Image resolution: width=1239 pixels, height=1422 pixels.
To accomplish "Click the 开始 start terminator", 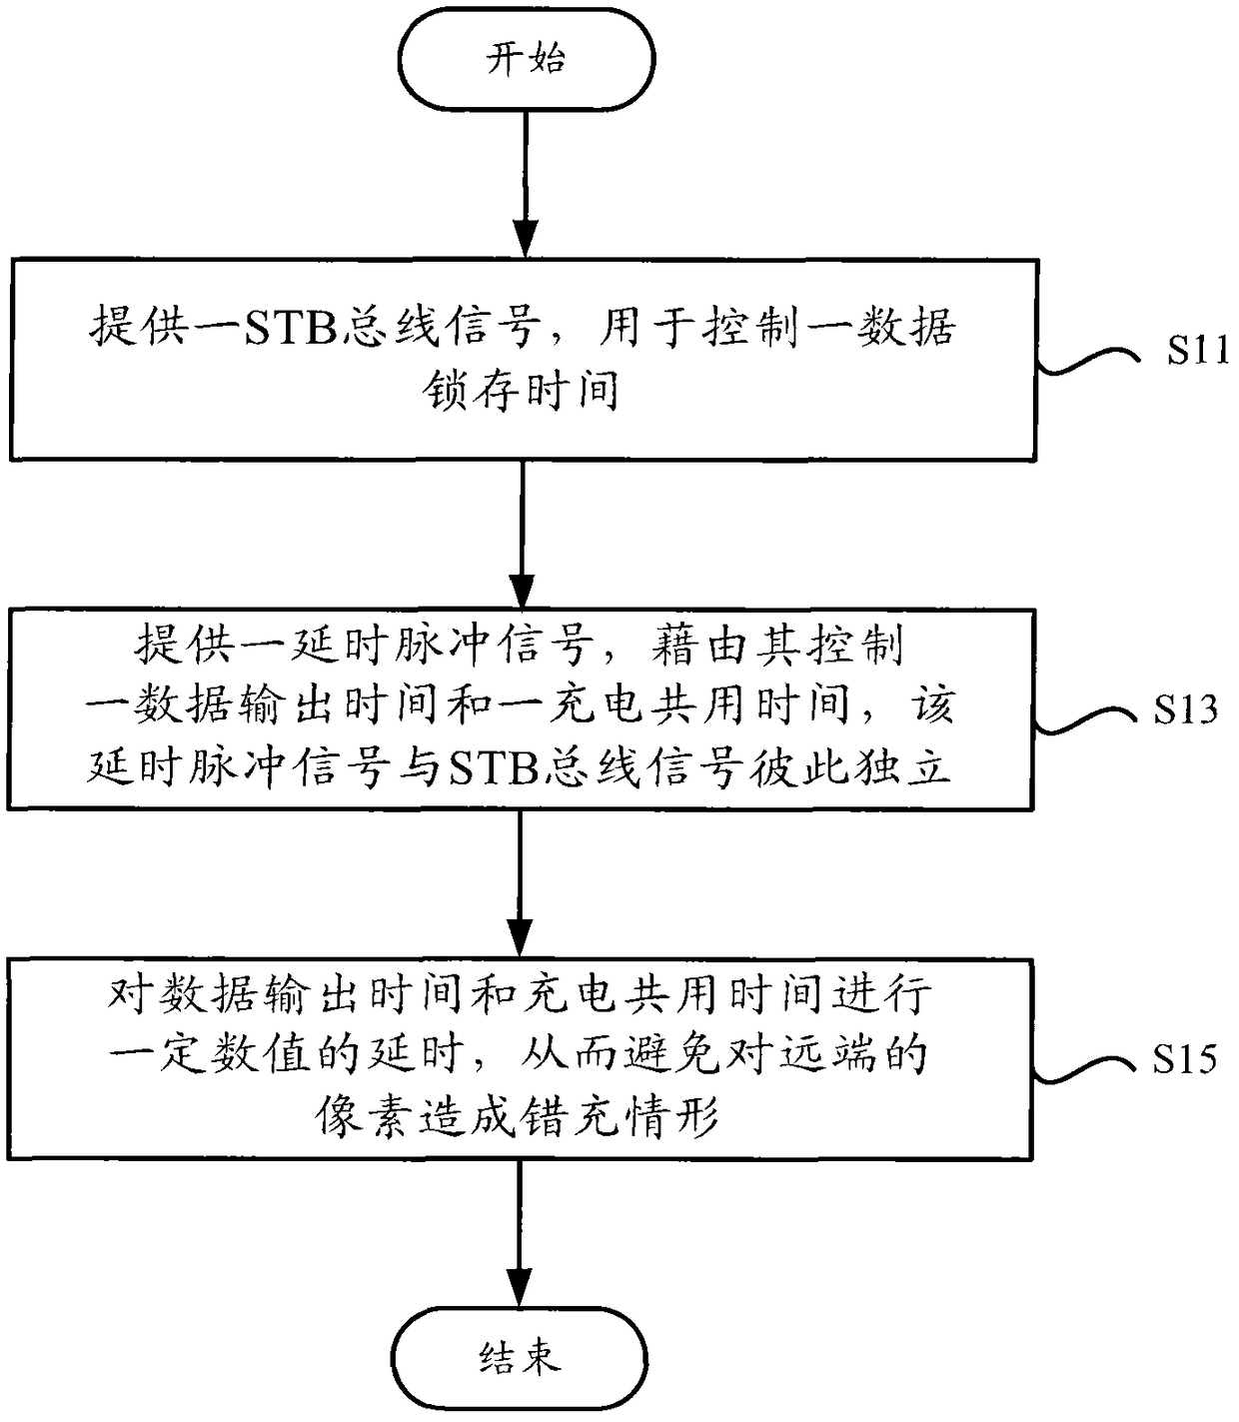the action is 526,59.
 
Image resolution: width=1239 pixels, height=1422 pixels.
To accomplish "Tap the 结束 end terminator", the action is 520,1358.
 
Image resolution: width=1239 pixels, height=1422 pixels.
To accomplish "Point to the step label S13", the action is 1185,710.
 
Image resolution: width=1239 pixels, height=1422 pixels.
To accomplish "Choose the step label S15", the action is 1184,1060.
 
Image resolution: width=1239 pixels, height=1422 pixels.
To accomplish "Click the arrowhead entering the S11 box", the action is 526,240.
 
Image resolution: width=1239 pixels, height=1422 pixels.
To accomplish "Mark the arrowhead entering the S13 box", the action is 522,591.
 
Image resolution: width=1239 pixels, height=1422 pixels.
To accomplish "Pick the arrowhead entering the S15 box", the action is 520,939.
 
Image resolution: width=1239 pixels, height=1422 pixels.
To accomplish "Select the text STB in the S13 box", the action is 493,769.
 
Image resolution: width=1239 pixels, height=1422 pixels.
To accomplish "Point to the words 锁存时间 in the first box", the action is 521,390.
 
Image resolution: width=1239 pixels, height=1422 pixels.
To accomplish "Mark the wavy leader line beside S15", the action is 1085,1069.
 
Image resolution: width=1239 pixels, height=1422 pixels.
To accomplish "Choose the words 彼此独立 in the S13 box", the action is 849,768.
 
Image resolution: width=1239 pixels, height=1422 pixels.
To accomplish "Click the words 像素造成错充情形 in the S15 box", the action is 518,1117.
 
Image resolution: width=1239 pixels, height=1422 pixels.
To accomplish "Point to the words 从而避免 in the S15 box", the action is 620,1055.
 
